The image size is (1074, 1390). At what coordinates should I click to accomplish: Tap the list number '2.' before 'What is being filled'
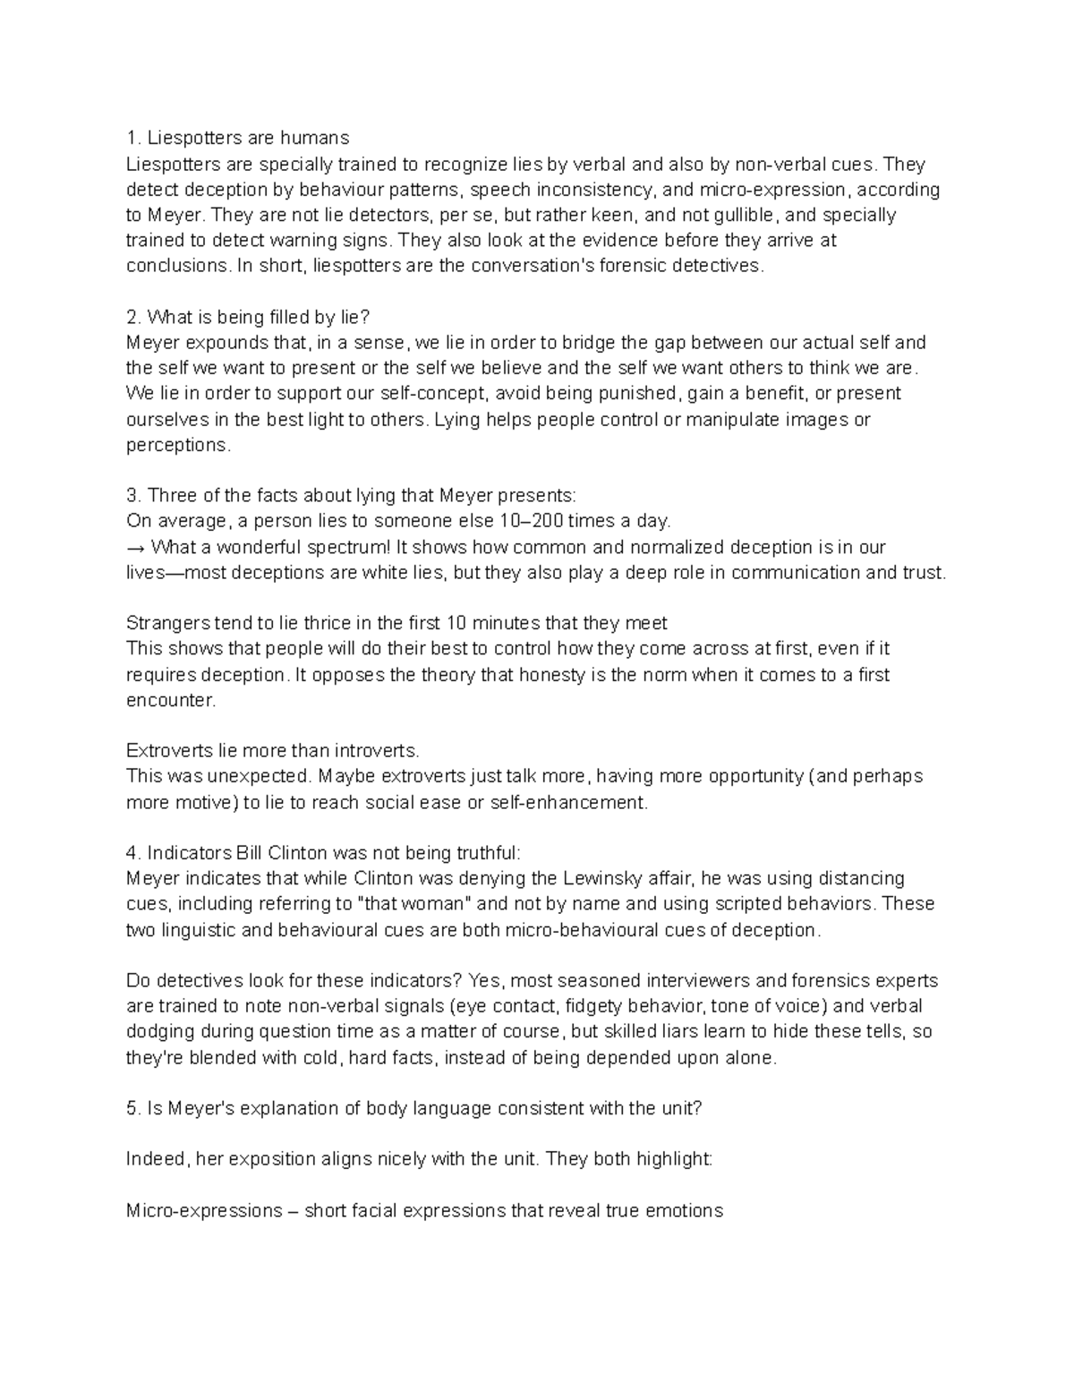pyautogui.click(x=133, y=317)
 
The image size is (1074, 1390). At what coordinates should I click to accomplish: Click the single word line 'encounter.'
pyautogui.click(x=171, y=700)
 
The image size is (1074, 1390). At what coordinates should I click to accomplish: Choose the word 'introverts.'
pyautogui.click(x=371, y=750)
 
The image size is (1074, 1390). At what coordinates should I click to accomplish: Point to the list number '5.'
pyautogui.click(x=133, y=1108)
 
